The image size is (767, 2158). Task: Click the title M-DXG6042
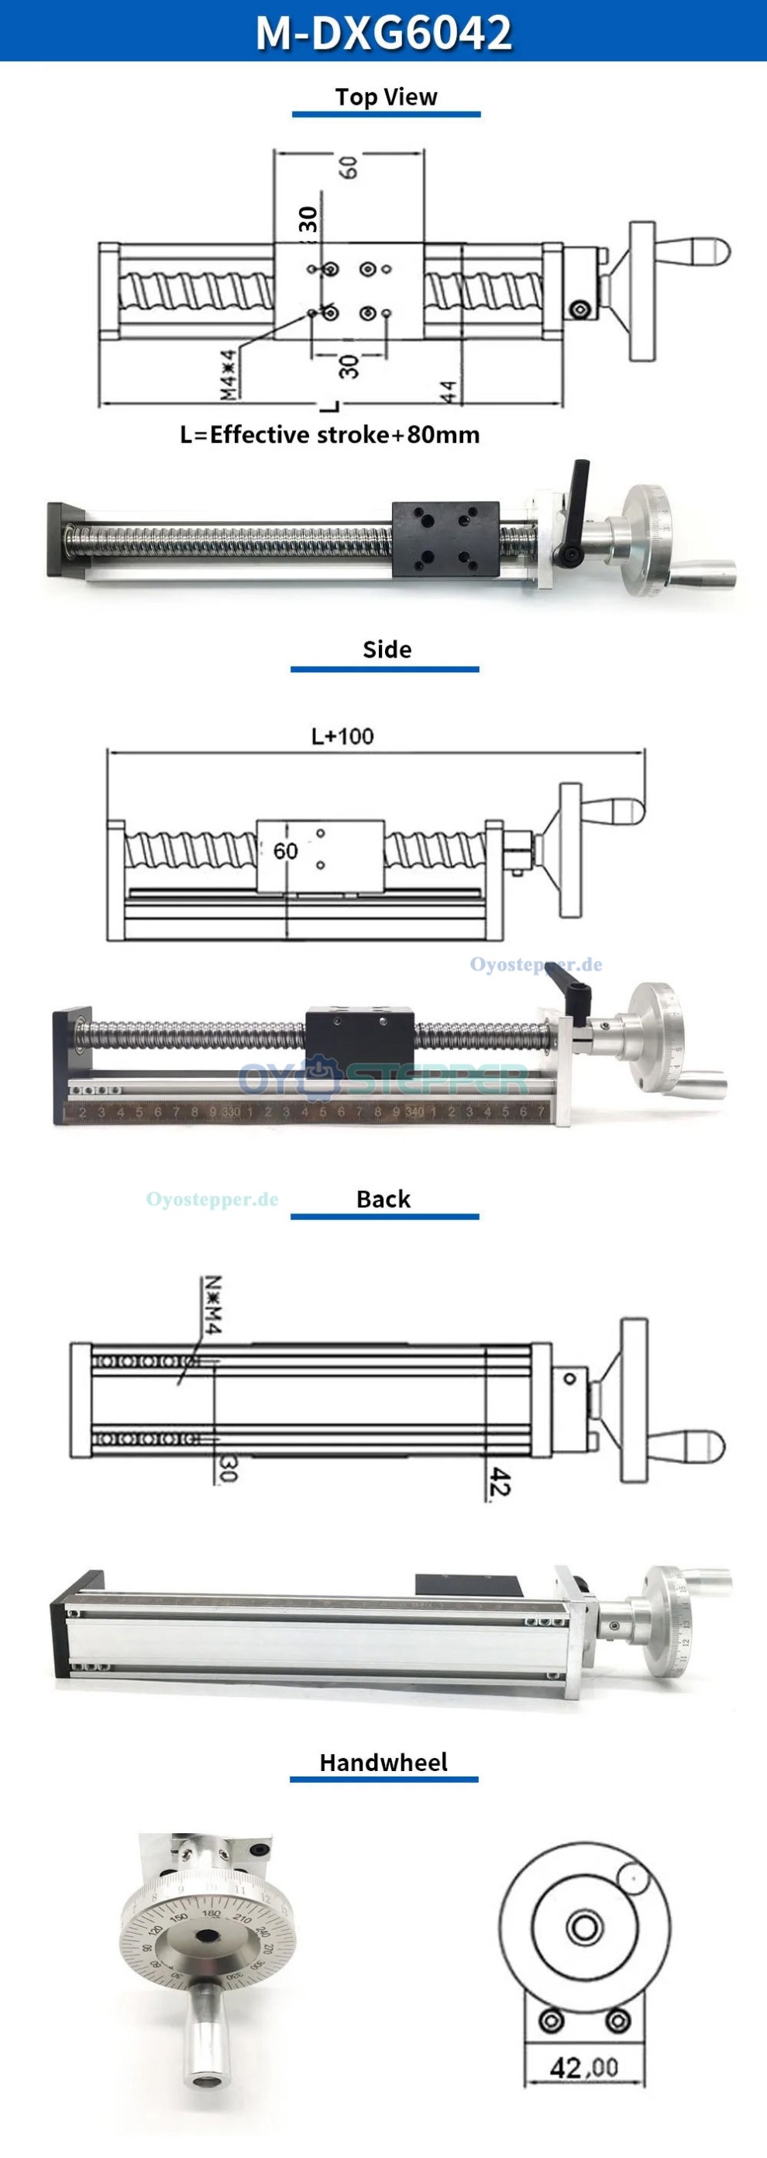tap(383, 32)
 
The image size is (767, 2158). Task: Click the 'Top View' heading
tap(386, 97)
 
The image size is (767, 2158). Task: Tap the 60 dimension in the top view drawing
tap(349, 167)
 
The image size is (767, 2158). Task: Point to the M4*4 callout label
tap(229, 374)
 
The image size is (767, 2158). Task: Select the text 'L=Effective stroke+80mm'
tap(330, 435)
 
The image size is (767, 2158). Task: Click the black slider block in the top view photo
tap(445, 540)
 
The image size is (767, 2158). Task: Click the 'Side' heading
tap(386, 649)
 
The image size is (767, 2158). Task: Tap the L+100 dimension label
tap(342, 737)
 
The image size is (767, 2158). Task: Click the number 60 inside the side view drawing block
tap(286, 851)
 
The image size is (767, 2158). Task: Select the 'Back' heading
tap(383, 1199)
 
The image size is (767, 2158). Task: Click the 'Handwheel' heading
tap(383, 1763)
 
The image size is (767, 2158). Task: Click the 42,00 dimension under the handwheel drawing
tap(583, 2067)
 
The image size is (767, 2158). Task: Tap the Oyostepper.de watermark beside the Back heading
tap(212, 1199)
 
